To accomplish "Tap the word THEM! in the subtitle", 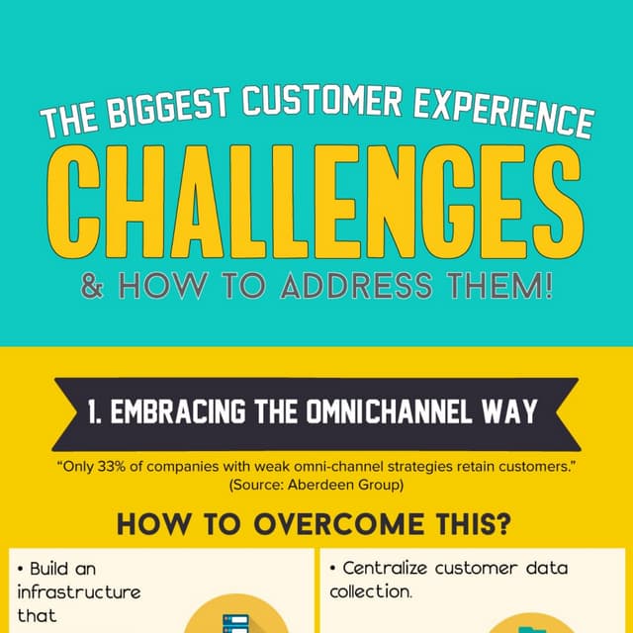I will [x=496, y=287].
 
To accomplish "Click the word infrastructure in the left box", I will [x=79, y=592].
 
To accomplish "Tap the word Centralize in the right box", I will [x=388, y=569].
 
